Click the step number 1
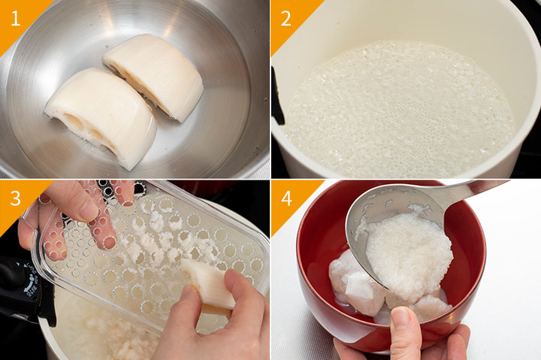(16, 18)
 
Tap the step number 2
(286, 18)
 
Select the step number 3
(16, 198)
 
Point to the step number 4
(286, 198)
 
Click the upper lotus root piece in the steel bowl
(154, 75)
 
